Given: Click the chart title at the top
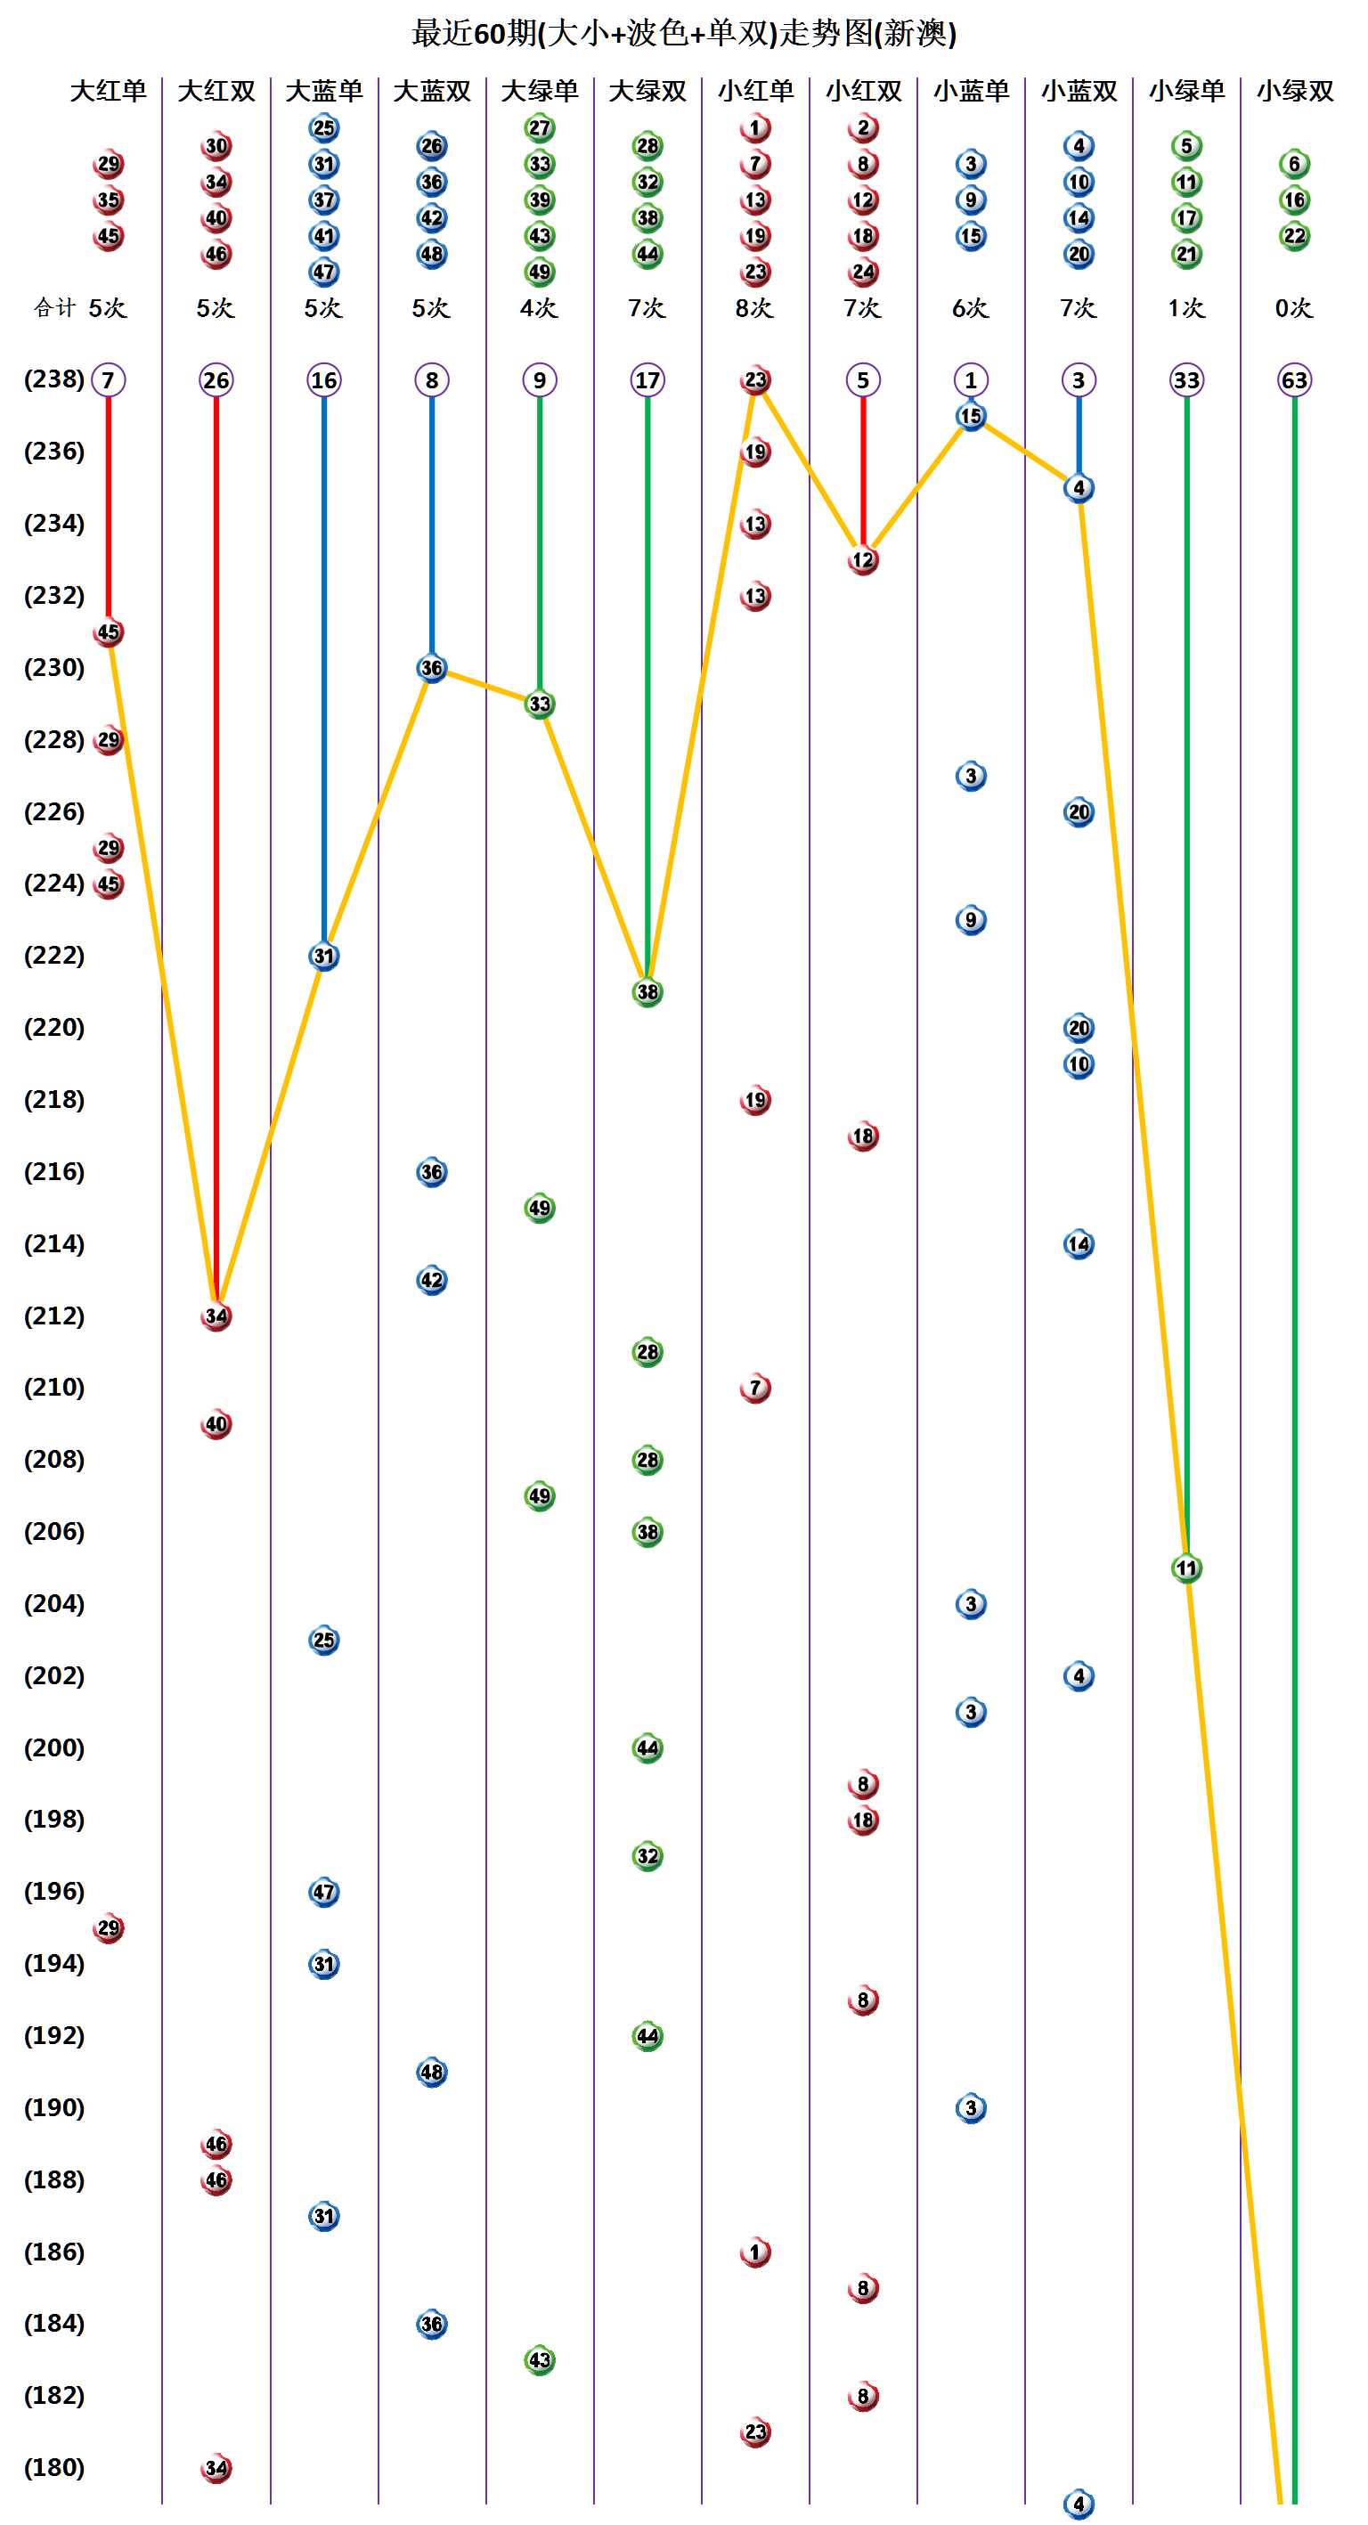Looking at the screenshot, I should click(683, 33).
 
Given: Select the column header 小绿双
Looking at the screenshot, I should click(1294, 91).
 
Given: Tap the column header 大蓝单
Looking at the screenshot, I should click(323, 91).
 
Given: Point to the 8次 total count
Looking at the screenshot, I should click(754, 308).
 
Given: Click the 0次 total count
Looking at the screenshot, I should click(1293, 308).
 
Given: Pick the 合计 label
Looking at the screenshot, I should click(55, 308).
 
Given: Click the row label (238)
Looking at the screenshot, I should click(54, 379).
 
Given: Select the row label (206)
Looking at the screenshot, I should click(54, 1531).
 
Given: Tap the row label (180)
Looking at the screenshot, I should click(54, 2467).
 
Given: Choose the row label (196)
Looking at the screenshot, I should click(54, 1891).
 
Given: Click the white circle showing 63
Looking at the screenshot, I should click(1294, 379).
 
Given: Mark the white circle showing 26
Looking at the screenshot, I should click(216, 379).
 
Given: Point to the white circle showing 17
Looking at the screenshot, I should click(647, 379).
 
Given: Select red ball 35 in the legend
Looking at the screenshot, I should click(109, 200).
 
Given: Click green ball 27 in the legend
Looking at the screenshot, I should click(540, 128).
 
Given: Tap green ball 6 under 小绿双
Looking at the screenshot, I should click(1294, 164).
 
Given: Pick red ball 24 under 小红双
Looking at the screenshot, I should click(863, 272).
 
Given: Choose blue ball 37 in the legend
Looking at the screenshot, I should click(324, 200).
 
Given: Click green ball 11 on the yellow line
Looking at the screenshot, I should click(1186, 1568).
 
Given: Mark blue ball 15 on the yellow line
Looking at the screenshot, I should click(971, 416).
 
